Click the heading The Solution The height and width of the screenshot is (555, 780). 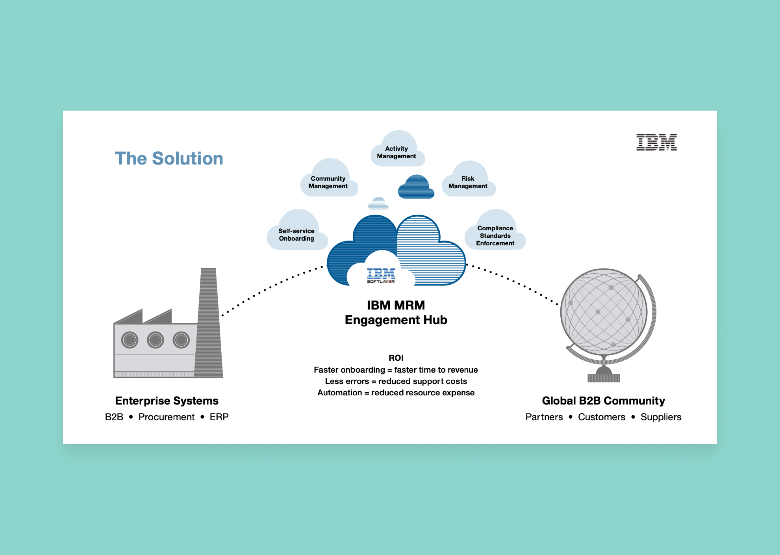(169, 159)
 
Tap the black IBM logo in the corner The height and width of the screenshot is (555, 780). (656, 142)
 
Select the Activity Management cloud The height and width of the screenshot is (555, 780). (398, 149)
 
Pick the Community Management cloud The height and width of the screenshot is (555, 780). (329, 178)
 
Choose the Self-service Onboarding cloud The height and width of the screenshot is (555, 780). (297, 230)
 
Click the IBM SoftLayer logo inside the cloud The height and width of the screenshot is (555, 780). (381, 275)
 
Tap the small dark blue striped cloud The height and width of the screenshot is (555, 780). (416, 187)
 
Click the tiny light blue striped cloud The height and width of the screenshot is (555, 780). (378, 204)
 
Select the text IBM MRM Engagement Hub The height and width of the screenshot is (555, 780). (396, 312)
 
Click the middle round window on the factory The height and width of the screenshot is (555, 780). (155, 340)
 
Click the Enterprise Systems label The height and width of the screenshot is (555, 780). (167, 401)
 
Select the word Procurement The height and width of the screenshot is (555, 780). (166, 417)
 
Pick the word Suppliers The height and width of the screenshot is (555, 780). (661, 417)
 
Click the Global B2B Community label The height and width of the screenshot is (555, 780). (603, 401)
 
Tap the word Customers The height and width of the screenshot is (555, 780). (602, 417)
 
